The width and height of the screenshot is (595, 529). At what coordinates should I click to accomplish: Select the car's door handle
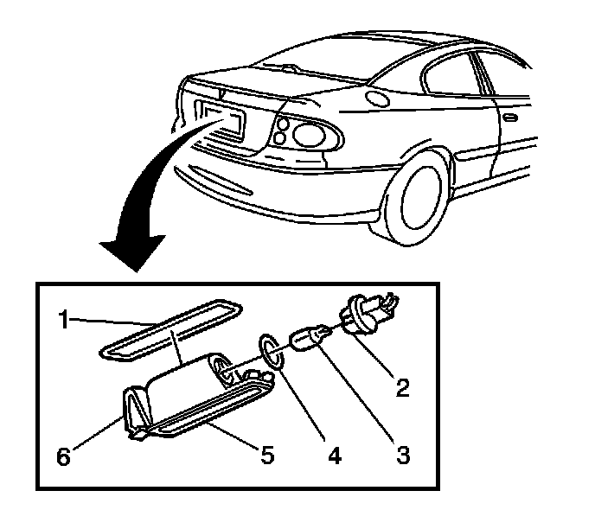(510, 116)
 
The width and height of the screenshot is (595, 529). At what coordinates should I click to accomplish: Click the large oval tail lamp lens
(310, 134)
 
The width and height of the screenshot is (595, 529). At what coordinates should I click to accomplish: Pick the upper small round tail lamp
(282, 124)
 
